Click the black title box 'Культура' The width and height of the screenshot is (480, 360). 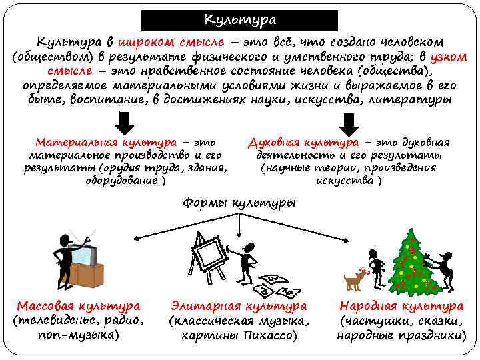tap(240, 19)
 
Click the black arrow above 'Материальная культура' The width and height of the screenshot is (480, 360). tap(127, 123)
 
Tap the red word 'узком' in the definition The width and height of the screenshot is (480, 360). tap(451, 56)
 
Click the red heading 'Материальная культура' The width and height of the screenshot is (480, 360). tap(106, 142)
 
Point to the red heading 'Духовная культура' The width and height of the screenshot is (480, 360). tap(303, 142)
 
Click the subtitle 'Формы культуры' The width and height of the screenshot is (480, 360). tap(239, 202)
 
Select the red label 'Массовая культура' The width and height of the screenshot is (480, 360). tap(79, 306)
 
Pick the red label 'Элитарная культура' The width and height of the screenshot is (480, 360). tap(239, 306)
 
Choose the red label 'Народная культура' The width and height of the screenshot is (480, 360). tap(401, 306)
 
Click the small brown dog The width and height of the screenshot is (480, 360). tap(353, 281)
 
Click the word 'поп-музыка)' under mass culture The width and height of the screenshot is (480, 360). tap(79, 335)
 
